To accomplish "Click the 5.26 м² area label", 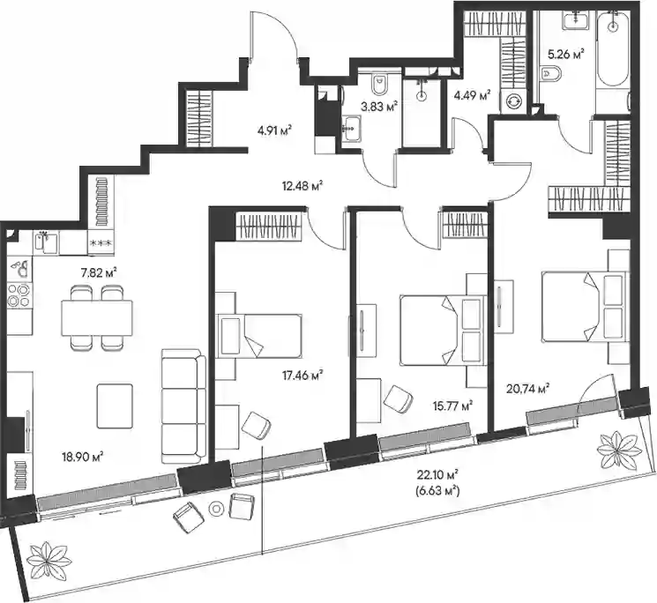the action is coord(566,54).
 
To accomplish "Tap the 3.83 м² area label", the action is coord(379,107).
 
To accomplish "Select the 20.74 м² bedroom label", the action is coord(528,389).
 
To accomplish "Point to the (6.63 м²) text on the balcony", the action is coord(438,490).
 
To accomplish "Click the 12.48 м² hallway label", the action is coord(303,185).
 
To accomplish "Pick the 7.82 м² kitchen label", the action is coord(99,273).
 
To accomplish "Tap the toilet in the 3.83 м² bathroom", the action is coord(380,86).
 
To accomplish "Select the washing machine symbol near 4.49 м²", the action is coord(513,101).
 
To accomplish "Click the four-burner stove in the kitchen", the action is coord(19,294).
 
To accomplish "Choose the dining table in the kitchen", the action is coord(97,318).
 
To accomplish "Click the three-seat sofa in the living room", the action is coord(184,406).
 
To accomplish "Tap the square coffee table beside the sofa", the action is coord(115,406).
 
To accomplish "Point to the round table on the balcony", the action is coord(216,509).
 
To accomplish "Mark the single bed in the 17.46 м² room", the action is coord(259,336).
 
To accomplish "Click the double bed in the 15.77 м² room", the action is coord(441,331).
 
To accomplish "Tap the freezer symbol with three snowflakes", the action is coord(101,243).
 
